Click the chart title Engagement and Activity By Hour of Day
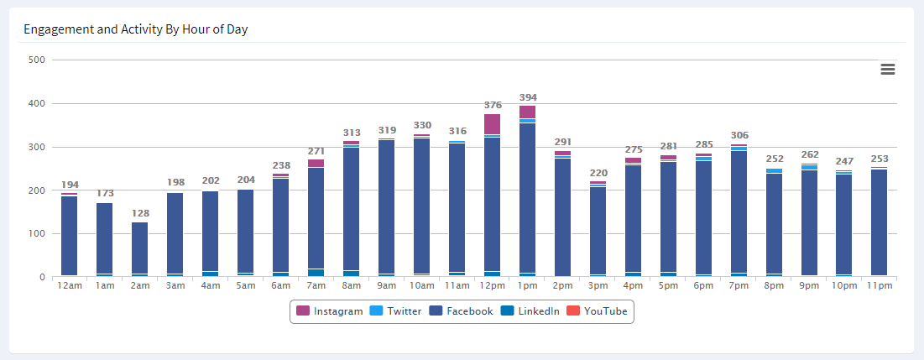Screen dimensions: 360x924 point(135,29)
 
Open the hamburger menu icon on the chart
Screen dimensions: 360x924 point(888,70)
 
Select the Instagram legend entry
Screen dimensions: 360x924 point(330,311)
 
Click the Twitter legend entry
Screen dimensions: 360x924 point(398,311)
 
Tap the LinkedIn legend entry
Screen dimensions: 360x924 point(530,311)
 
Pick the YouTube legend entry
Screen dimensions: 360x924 point(597,311)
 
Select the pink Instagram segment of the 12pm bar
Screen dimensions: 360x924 point(492,124)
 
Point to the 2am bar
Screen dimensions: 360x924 point(139,248)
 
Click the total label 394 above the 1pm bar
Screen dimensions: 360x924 point(527,97)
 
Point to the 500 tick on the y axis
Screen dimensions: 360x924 point(36,60)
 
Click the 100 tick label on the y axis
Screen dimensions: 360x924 point(36,234)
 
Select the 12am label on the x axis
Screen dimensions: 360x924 point(69,286)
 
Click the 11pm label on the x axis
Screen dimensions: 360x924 point(880,286)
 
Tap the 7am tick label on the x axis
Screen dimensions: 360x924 point(316,286)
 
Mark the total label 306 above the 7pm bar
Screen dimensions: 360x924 point(739,135)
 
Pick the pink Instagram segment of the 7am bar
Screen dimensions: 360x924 point(316,163)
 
